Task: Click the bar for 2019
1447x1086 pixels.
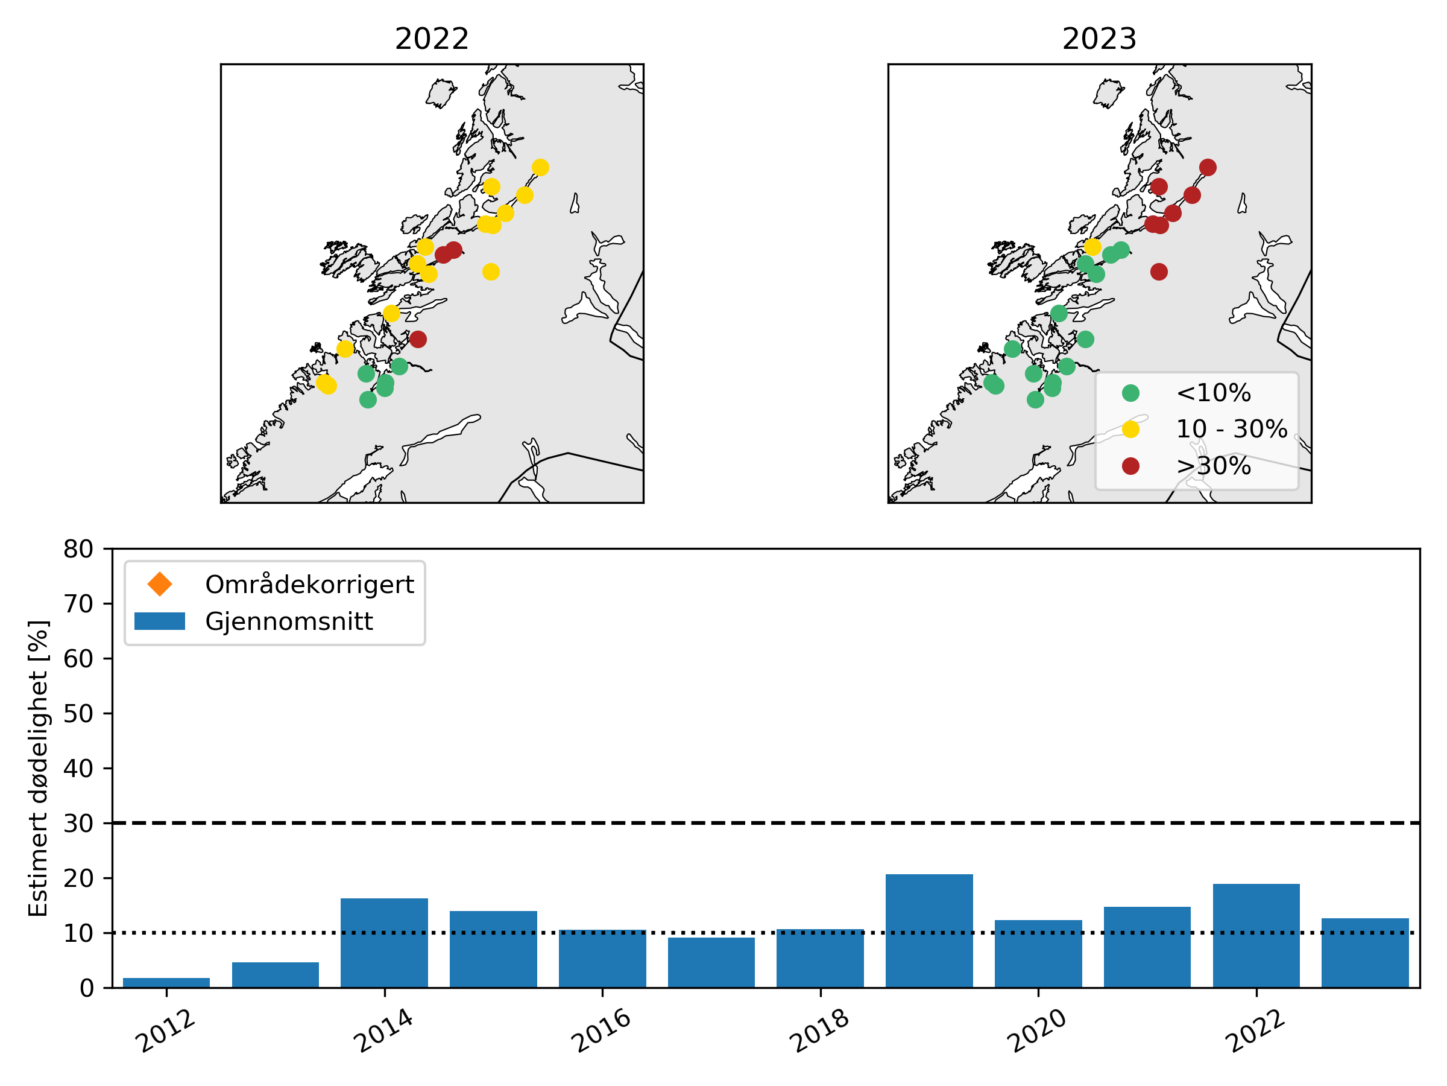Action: pos(929,930)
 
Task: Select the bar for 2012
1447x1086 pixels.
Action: pos(166,983)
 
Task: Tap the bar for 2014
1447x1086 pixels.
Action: pos(384,942)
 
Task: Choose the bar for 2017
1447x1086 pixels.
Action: pos(711,962)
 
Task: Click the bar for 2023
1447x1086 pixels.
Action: pos(1365,953)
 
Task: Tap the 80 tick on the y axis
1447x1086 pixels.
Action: pos(78,549)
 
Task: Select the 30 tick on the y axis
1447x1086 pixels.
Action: pos(78,823)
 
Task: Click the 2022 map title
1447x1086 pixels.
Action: pos(432,39)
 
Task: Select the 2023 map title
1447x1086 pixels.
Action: pos(1099,39)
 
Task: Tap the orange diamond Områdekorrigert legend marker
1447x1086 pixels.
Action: pos(160,584)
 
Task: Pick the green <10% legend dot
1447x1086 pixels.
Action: pos(1130,393)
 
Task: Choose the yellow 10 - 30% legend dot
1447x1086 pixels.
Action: pos(1130,430)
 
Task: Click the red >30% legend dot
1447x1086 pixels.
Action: pos(1130,466)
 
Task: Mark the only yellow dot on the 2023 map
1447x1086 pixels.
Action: pos(1092,247)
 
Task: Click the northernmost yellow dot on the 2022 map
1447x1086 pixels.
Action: pos(540,168)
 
